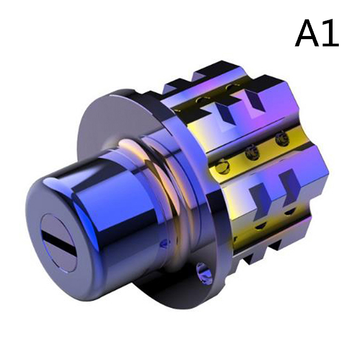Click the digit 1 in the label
pyautogui.click(x=330, y=33)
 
